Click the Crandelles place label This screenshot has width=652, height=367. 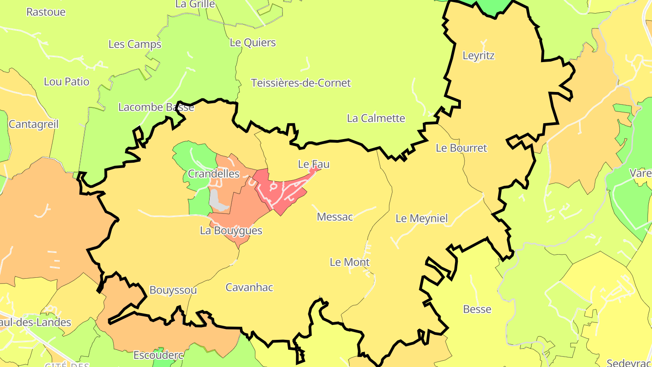point(213,174)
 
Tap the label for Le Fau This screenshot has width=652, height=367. point(313,164)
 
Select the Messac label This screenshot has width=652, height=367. point(335,217)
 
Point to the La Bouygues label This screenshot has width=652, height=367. point(231,231)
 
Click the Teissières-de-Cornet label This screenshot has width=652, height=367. point(301,83)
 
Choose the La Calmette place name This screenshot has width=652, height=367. point(376,118)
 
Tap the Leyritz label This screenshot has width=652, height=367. point(478,56)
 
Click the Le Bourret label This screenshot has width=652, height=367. point(461,148)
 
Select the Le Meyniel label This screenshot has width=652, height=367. point(421,218)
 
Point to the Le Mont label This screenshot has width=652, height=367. point(349,262)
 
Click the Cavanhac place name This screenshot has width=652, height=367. point(249,287)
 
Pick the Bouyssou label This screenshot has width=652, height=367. point(173,290)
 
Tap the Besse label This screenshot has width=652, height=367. point(477,309)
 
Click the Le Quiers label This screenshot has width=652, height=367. point(253,43)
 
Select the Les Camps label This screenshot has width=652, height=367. point(134,44)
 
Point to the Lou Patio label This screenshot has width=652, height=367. point(67,82)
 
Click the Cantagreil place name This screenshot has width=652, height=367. point(34,124)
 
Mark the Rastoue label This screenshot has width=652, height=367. point(46,12)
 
